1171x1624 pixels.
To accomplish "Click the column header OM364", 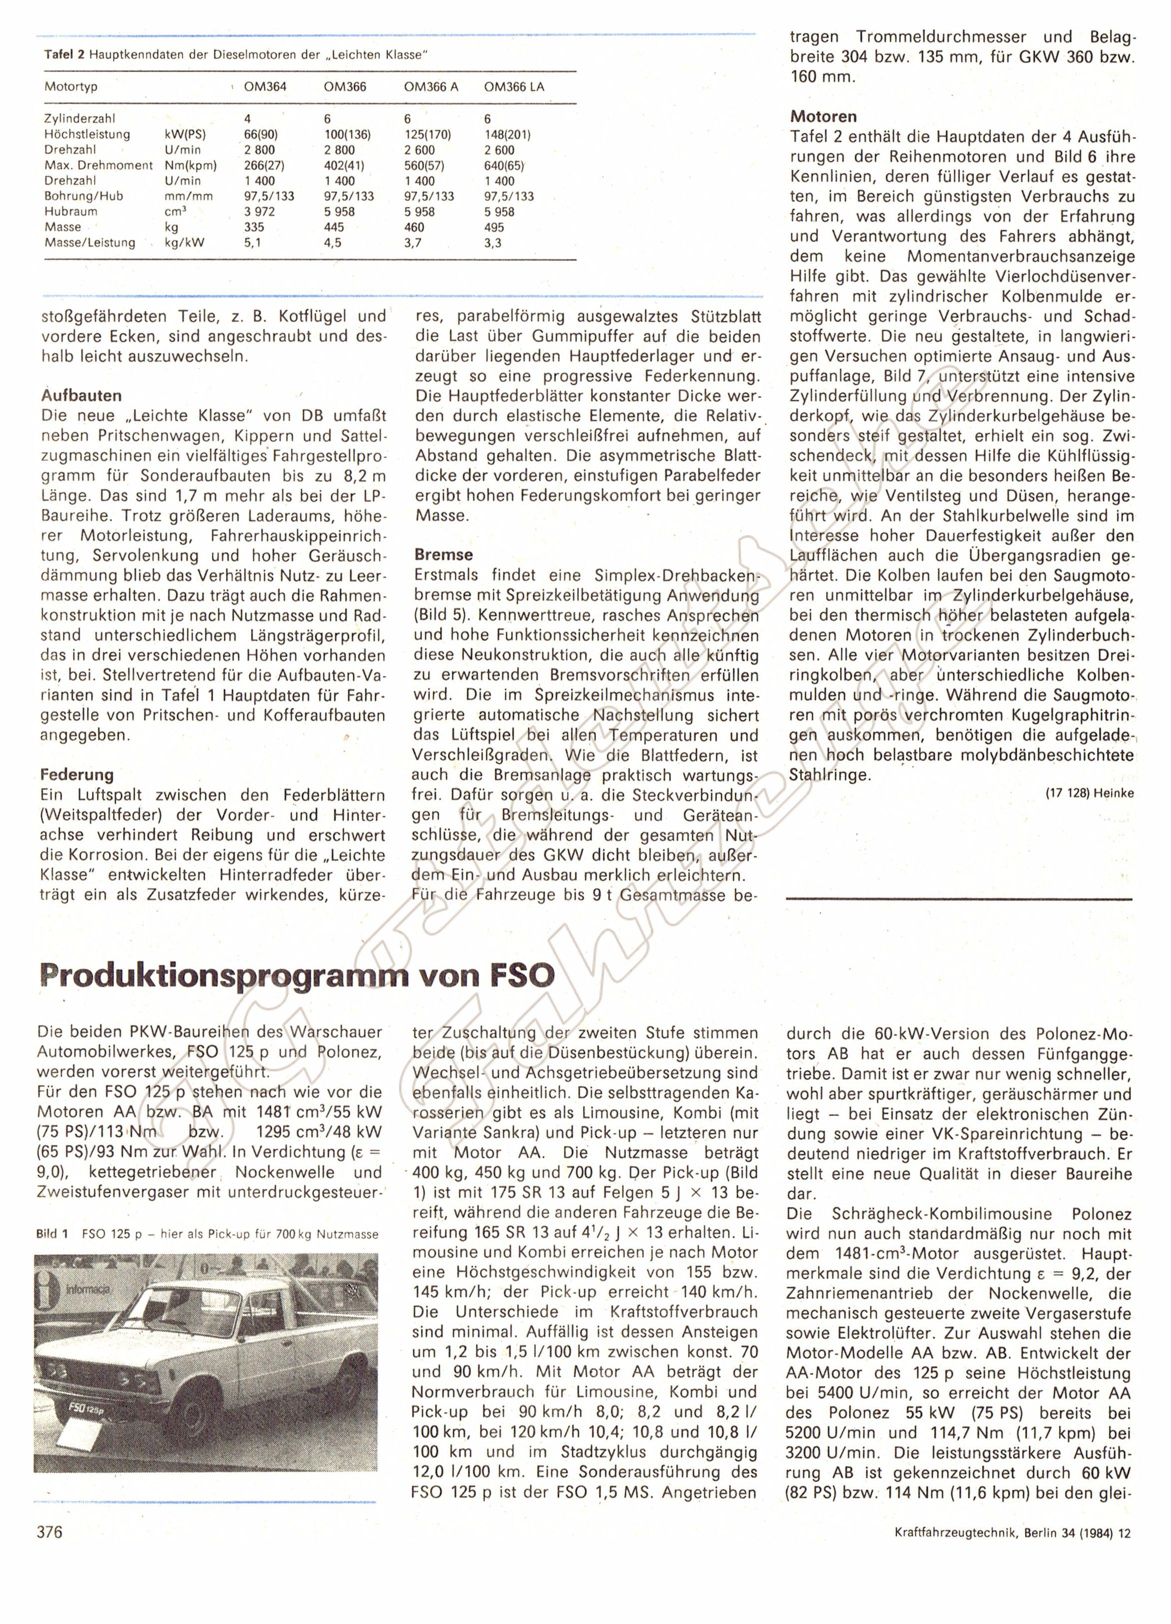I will coord(265,86).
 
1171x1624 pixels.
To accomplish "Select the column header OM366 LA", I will coord(514,86).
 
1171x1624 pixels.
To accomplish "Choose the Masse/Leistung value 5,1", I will coord(252,243).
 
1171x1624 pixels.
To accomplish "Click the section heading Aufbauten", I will coord(81,395).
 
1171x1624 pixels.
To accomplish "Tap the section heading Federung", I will coord(77,775).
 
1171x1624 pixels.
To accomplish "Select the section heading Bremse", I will coord(443,554).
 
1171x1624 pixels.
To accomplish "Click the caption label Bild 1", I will coord(51,1234).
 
